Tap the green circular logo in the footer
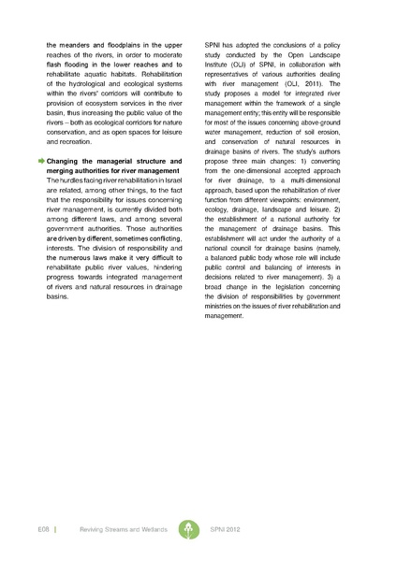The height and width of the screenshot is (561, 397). click(x=193, y=528)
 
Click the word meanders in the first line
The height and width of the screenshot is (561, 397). click(x=80, y=43)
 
